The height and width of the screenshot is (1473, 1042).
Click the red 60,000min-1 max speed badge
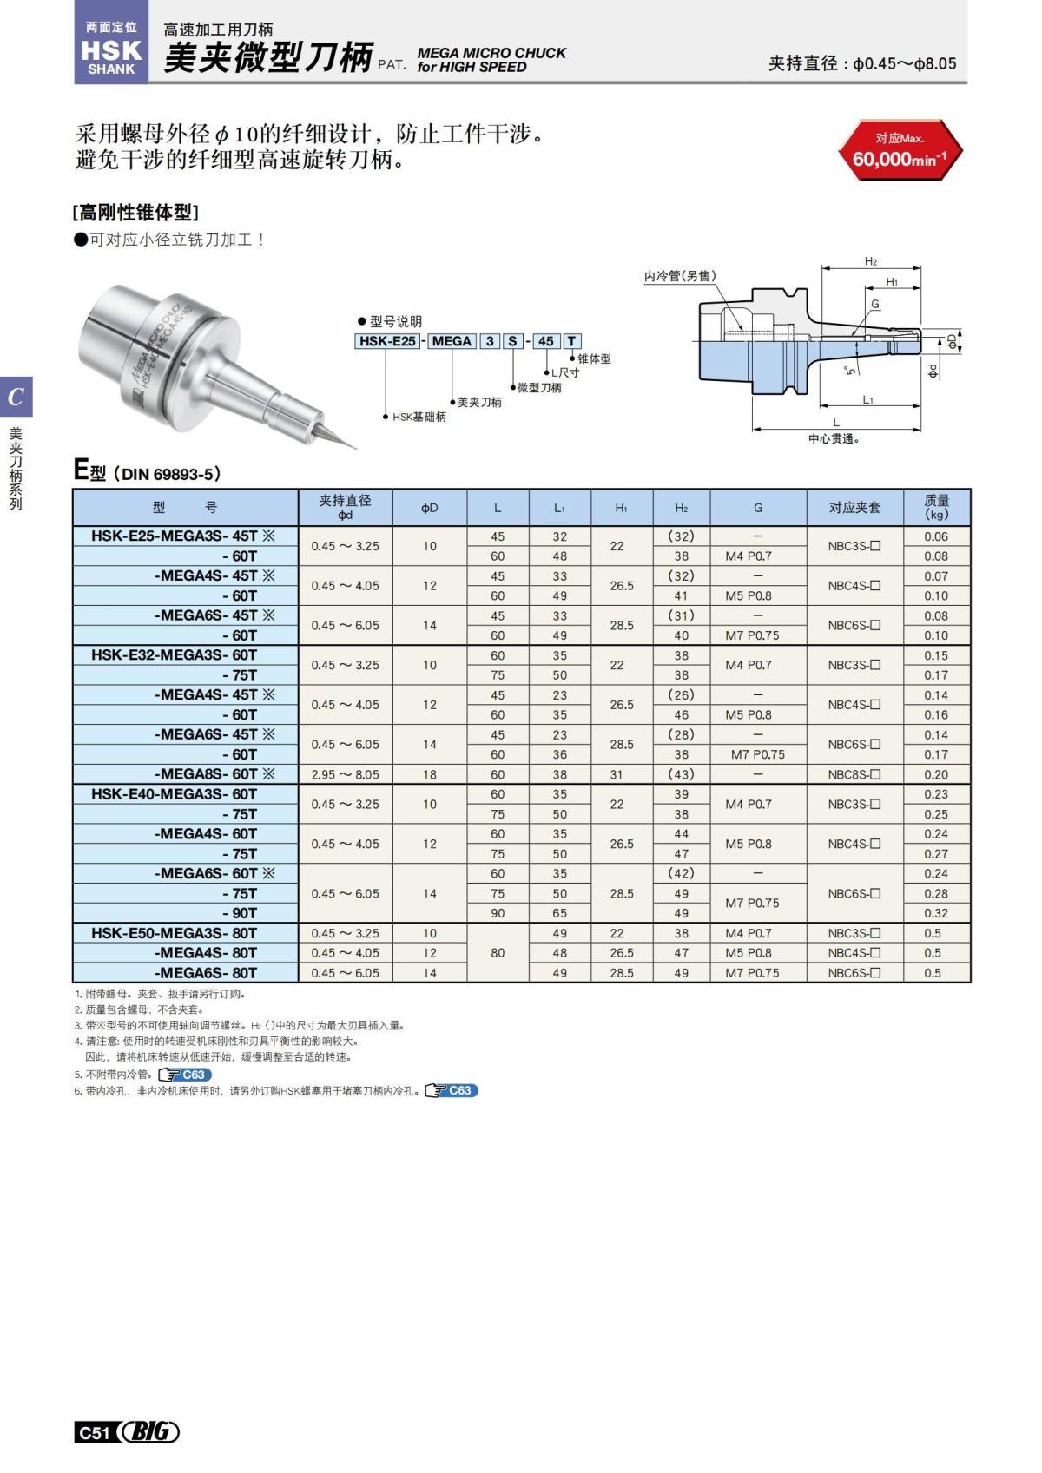coord(900,151)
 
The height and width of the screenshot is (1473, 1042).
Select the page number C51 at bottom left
coord(93,1432)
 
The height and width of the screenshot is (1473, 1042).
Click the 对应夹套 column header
coord(854,507)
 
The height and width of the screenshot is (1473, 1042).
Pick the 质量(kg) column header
coord(936,507)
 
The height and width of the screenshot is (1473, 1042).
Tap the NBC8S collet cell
coord(854,774)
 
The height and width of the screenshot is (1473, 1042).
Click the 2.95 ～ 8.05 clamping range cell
coord(345,774)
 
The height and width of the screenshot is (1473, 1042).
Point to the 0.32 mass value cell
coord(936,913)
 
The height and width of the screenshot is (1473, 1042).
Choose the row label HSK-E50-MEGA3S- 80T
coord(175,933)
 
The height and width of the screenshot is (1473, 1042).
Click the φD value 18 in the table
coord(429,774)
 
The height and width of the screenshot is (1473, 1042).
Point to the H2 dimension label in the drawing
coord(870,261)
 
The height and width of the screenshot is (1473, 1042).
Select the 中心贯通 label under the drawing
coord(833,439)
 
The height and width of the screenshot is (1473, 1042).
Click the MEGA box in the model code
coord(451,341)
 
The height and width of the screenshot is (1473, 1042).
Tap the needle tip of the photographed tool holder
coord(353,448)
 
